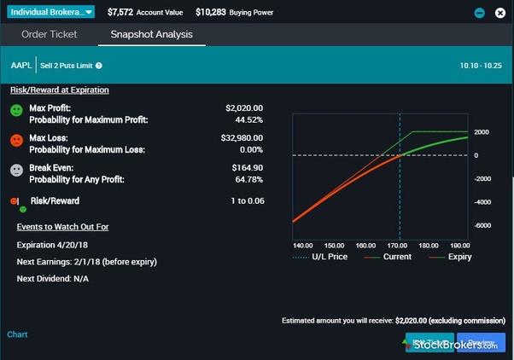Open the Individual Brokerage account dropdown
click(52, 13)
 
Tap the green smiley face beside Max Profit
click(17, 112)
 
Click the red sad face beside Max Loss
click(17, 140)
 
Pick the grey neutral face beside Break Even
click(17, 170)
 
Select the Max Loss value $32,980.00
click(242, 137)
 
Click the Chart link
click(17, 334)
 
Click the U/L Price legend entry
click(324, 256)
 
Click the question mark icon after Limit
click(99, 66)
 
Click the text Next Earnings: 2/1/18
click(86, 261)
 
